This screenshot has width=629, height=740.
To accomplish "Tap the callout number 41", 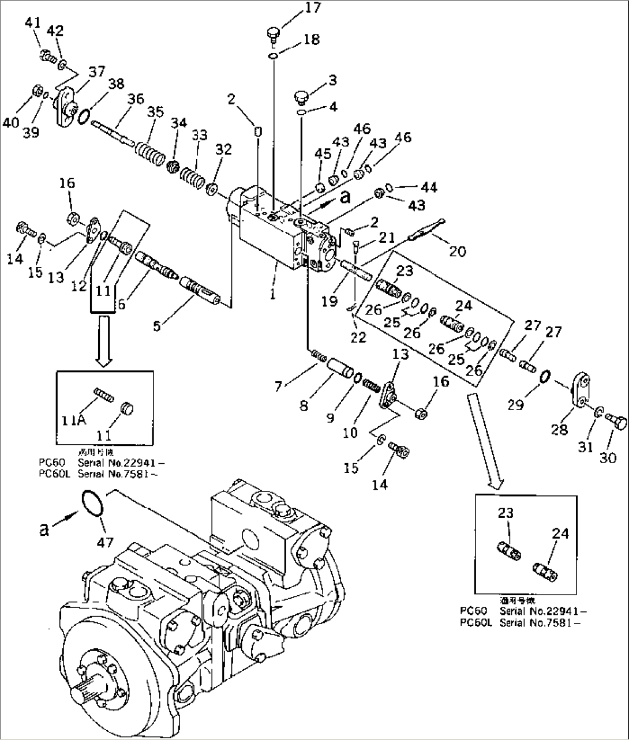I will click(33, 24).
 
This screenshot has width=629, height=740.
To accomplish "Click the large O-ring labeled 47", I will click(93, 503).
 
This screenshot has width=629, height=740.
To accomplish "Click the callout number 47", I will click(105, 542).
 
